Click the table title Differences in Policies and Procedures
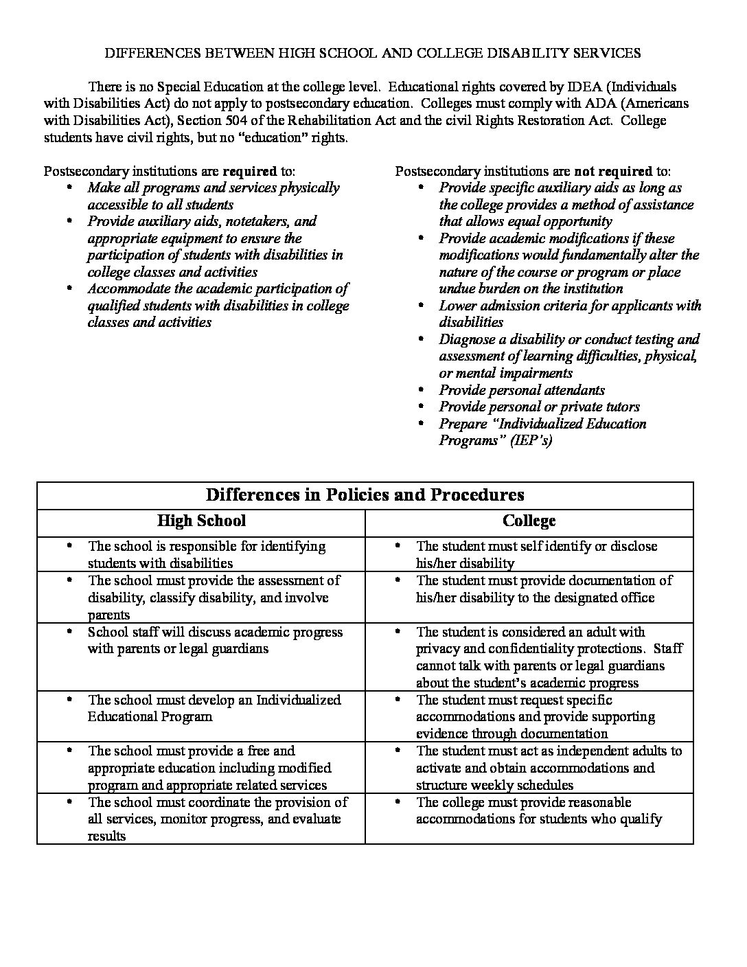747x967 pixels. (x=365, y=494)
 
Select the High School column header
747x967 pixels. (x=201, y=521)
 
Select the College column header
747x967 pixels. (x=529, y=521)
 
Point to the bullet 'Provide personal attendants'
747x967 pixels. (x=522, y=390)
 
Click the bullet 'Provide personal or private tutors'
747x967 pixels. (x=539, y=407)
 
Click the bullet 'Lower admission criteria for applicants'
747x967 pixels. (x=570, y=306)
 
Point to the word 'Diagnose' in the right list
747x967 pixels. (x=467, y=339)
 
